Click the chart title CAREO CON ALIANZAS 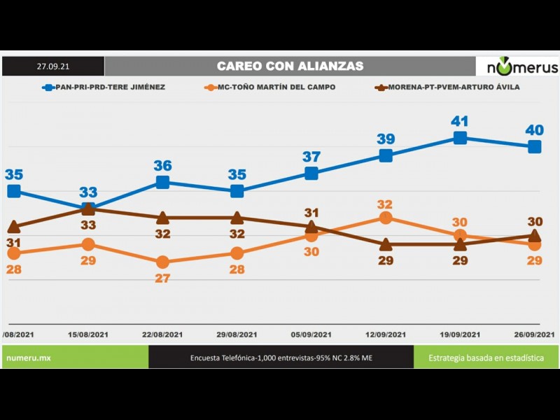[x=290, y=66]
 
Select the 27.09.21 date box [x=53, y=66]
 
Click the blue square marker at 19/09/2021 [x=460, y=138]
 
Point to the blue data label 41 [x=459, y=121]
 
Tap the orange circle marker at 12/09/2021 [x=386, y=218]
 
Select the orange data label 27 [x=162, y=278]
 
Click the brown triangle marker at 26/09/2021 [x=535, y=236]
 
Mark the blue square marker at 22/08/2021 [x=162, y=182]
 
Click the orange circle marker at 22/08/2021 [x=162, y=262]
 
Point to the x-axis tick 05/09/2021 [x=311, y=335]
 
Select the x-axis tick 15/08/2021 [x=89, y=335]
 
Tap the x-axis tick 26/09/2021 [x=534, y=335]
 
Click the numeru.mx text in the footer [x=29, y=358]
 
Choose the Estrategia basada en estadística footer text [x=486, y=358]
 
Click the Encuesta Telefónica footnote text [x=281, y=358]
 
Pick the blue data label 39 [x=386, y=139]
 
